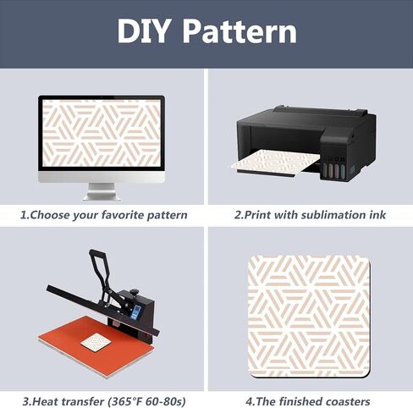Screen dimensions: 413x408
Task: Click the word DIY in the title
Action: click(x=143, y=30)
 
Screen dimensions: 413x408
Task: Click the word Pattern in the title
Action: click(x=240, y=30)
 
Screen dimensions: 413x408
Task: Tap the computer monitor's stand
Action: click(x=102, y=192)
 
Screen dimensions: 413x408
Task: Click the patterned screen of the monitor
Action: click(x=102, y=133)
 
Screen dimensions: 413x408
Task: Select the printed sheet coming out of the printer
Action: click(x=275, y=163)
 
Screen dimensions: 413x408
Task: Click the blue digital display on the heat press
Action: click(x=136, y=312)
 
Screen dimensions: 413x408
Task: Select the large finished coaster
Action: click(x=309, y=317)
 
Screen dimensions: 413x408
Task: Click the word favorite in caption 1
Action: click(x=123, y=215)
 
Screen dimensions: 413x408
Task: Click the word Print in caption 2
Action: click(x=257, y=215)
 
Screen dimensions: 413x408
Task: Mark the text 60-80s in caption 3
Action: click(x=167, y=401)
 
